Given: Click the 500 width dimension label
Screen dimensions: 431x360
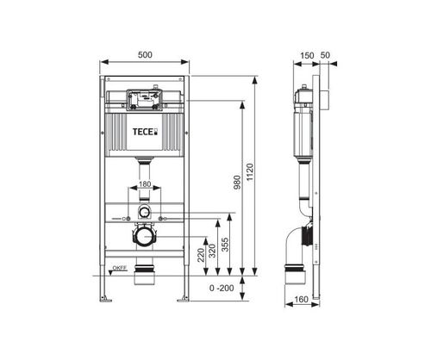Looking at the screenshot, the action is click(145, 55).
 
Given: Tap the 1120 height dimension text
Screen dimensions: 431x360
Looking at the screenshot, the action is click(250, 172).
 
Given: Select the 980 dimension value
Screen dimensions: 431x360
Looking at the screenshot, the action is click(237, 183).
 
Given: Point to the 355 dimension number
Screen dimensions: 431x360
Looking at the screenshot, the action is click(226, 245).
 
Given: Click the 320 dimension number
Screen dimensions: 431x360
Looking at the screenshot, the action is click(212, 251).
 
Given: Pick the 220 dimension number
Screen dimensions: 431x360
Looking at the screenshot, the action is click(201, 255).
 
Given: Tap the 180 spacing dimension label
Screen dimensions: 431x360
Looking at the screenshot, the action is click(145, 184).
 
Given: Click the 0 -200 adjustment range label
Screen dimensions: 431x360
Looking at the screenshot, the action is click(222, 288).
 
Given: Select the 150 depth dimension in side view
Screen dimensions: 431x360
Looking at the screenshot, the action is click(307, 55).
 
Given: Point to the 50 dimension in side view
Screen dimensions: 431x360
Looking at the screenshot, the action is click(325, 55).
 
